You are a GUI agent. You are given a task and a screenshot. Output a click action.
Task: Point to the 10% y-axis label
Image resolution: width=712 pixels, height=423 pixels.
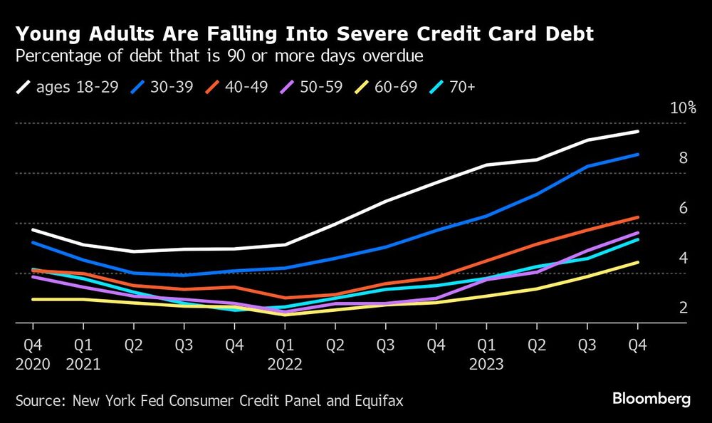pyautogui.click(x=683, y=108)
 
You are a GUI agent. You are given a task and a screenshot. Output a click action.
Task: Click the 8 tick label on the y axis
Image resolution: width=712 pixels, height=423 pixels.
pyautogui.click(x=683, y=158)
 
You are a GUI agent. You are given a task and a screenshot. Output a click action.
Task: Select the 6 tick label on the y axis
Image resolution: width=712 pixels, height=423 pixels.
pyautogui.click(x=683, y=208)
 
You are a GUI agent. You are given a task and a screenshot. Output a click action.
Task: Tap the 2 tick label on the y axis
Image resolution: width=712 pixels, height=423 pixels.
pyautogui.click(x=683, y=308)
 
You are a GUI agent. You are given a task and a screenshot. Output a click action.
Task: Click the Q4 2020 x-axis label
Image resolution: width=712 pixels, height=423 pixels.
pyautogui.click(x=33, y=353)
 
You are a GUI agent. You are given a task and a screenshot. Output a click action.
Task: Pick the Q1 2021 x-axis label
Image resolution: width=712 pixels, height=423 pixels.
pyautogui.click(x=83, y=353)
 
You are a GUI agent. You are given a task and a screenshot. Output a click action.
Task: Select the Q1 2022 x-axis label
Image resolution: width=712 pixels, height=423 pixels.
pyautogui.click(x=285, y=353)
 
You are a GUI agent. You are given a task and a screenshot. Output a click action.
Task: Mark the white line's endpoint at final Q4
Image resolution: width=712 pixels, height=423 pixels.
pyautogui.click(x=637, y=132)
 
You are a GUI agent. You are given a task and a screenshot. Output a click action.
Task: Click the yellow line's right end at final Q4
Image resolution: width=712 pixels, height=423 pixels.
pyautogui.click(x=637, y=262)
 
